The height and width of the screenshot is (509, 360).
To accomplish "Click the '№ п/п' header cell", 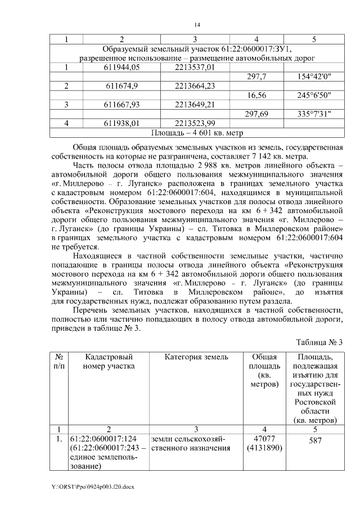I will (59, 361).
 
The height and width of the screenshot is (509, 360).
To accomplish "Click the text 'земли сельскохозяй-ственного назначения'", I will (188, 443).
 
